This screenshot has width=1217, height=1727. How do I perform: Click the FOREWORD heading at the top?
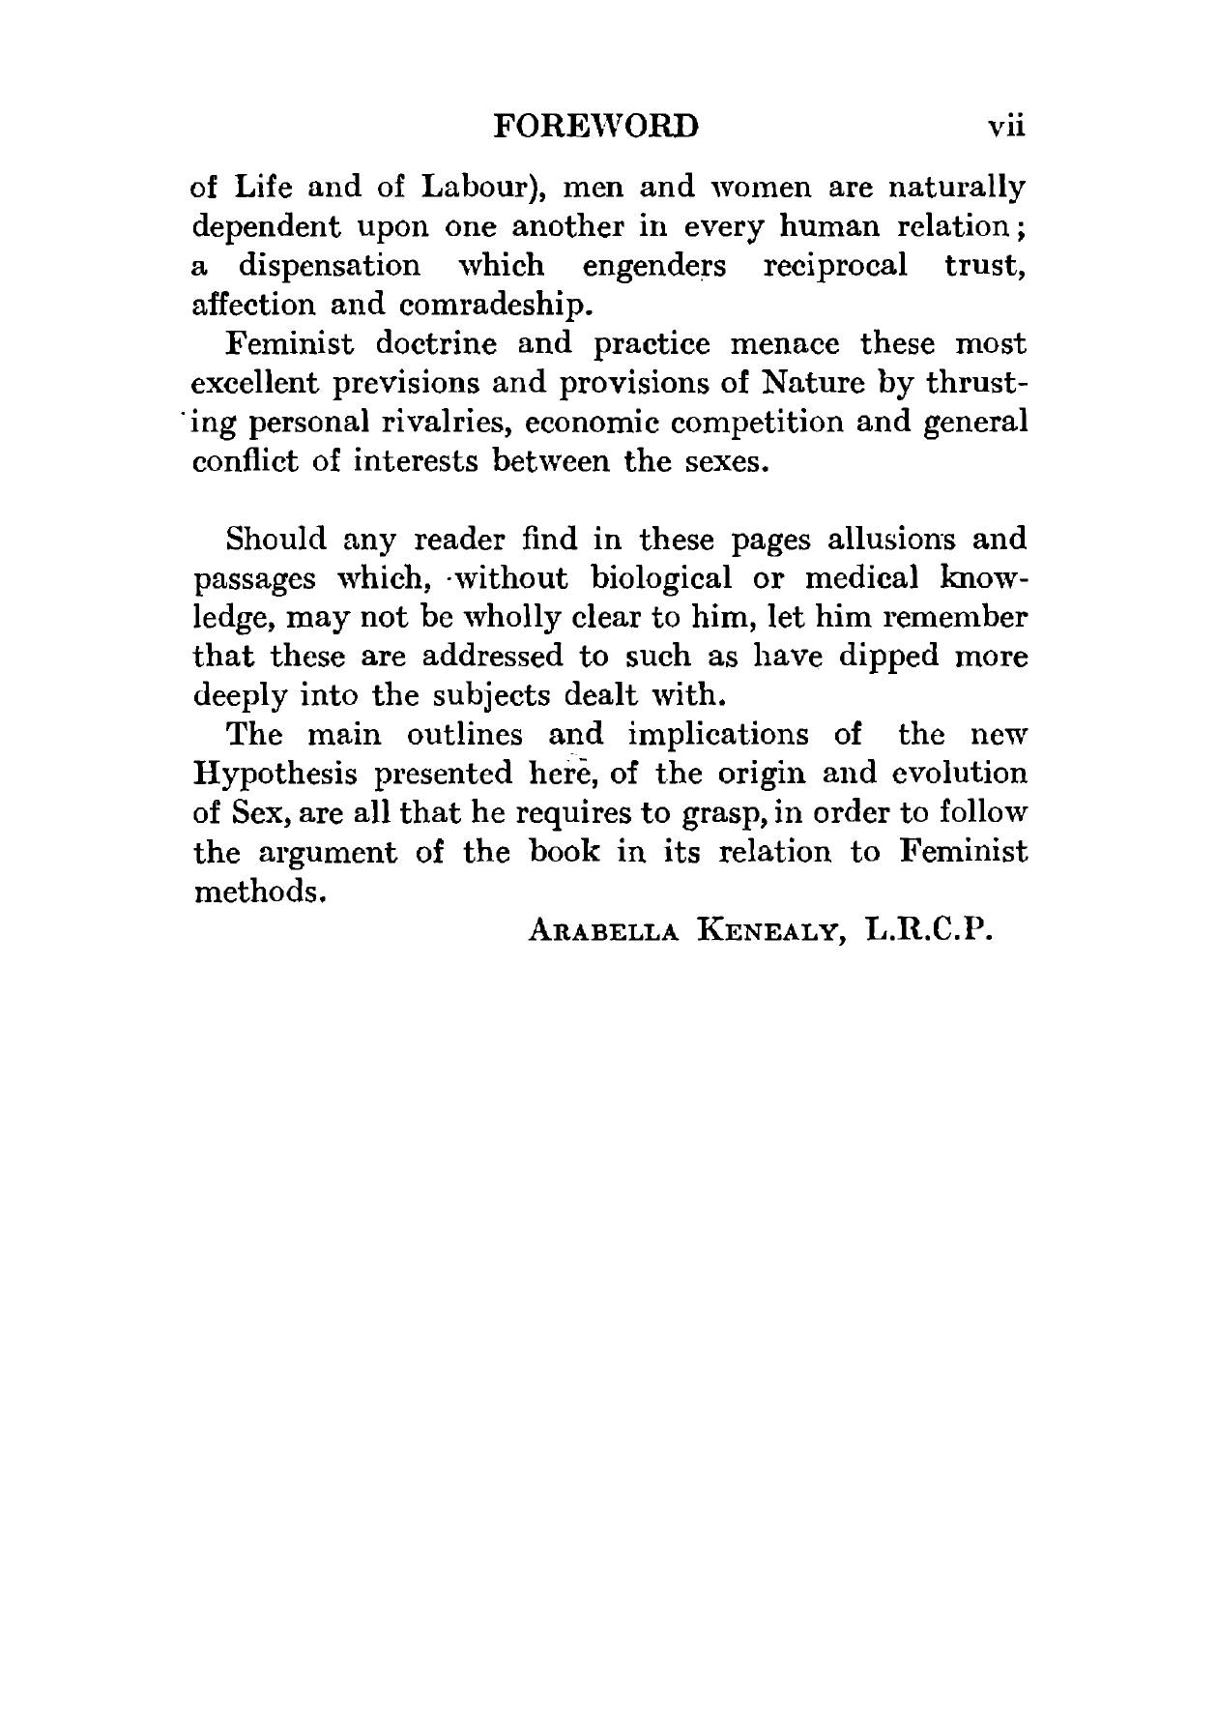[x=594, y=128]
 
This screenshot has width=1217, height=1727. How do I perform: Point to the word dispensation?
[x=329, y=265]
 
